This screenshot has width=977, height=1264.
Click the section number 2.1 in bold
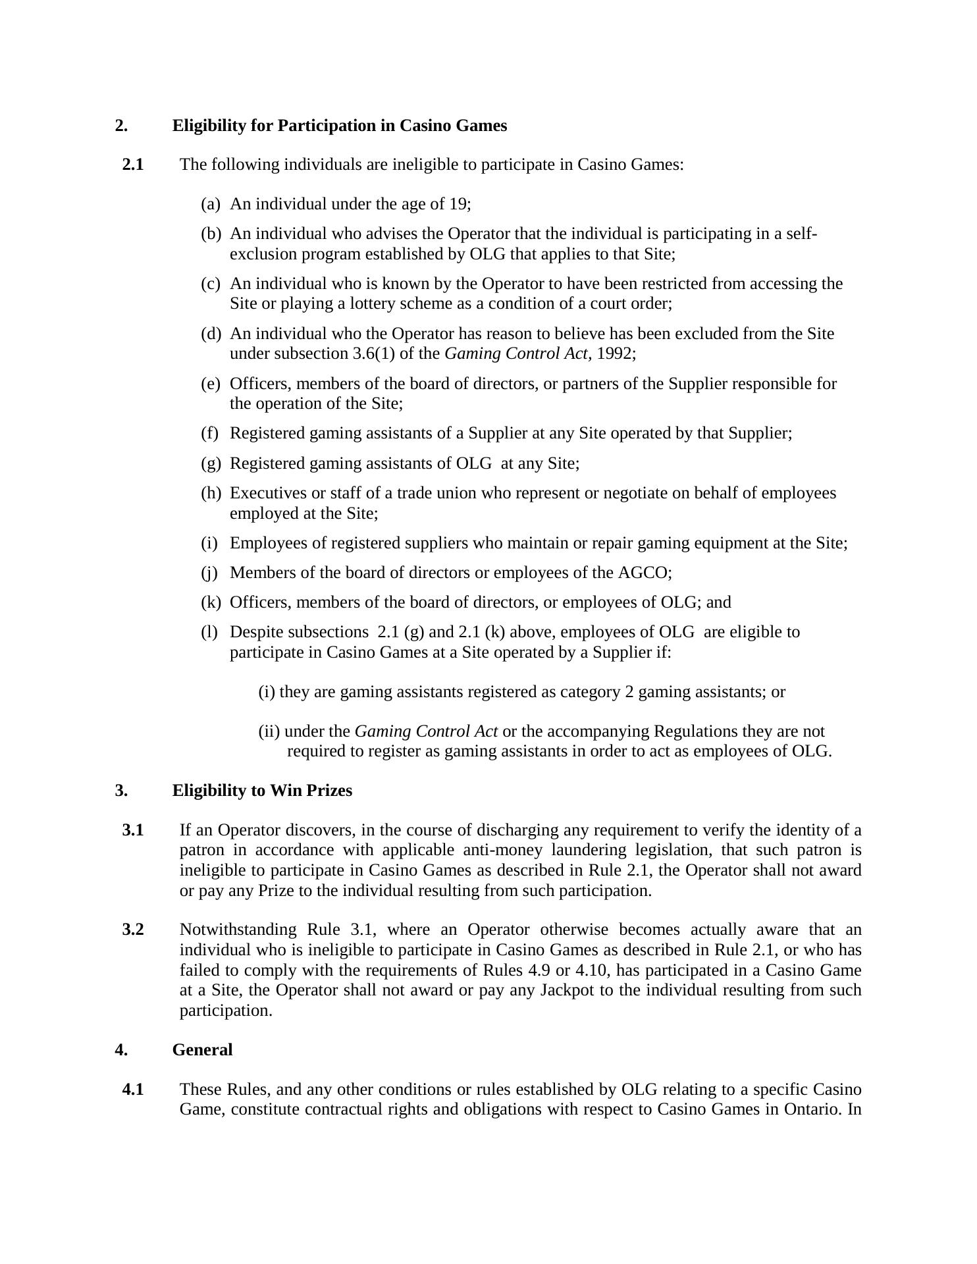[133, 165]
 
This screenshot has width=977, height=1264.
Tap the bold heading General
[202, 1049]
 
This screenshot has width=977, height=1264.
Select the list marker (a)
[210, 204]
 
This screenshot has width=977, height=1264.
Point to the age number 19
[458, 204]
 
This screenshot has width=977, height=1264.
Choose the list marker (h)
[211, 493]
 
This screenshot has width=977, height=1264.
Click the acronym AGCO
[643, 573]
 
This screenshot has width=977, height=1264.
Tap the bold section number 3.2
[133, 930]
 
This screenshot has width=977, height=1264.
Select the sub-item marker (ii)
[269, 731]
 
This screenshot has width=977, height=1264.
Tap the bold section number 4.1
[133, 1090]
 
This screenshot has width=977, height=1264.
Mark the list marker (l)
[209, 632]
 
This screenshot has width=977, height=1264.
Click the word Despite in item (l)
[257, 632]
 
